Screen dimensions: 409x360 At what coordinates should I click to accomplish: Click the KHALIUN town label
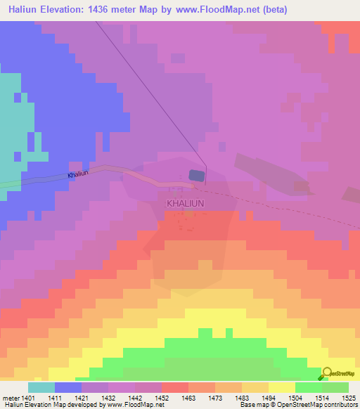tap(185, 203)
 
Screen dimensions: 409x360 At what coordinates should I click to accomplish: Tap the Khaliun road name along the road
tap(78, 174)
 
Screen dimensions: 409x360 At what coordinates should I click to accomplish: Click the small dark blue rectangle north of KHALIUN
tap(196, 176)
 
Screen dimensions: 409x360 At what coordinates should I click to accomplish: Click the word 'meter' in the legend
tap(12, 397)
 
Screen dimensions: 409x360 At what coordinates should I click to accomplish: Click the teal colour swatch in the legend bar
tap(41, 387)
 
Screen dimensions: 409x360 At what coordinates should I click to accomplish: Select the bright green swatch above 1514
tap(309, 387)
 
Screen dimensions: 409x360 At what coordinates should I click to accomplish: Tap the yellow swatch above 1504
tap(282, 387)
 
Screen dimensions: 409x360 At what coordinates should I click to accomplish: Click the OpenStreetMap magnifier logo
tap(326, 375)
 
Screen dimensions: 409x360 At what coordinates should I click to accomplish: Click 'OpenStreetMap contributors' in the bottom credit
tap(322, 405)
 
